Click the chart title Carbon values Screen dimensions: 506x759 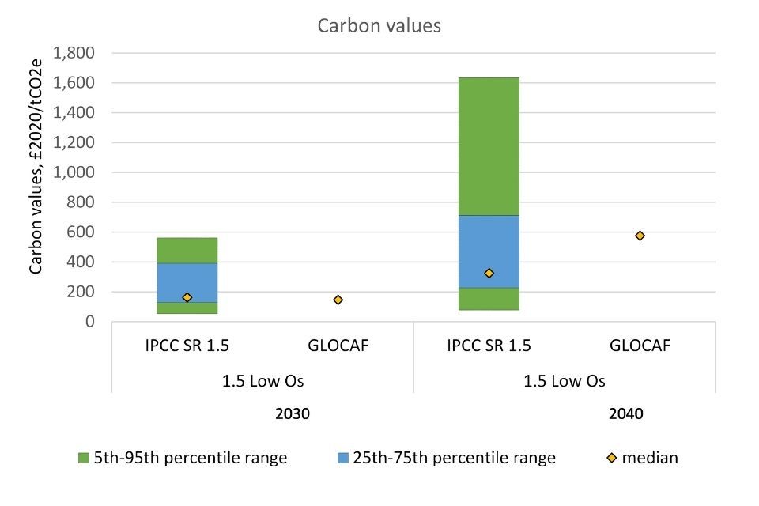click(379, 25)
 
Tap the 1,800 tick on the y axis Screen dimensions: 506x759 click(73, 53)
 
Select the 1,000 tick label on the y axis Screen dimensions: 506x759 click(73, 172)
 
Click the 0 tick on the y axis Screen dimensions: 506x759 click(89, 322)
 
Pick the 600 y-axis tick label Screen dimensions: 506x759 click(81, 232)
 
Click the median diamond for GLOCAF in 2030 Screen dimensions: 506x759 click(338, 300)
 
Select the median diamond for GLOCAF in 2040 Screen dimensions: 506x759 click(640, 236)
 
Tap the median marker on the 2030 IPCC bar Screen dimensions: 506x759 click(187, 297)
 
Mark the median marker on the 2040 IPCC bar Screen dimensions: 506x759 click(489, 273)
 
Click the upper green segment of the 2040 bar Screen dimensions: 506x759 click(489, 146)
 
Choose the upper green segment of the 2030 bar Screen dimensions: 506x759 click(187, 250)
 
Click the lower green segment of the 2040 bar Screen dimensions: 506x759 click(489, 299)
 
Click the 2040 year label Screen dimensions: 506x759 click(627, 413)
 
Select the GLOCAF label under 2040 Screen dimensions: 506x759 click(640, 346)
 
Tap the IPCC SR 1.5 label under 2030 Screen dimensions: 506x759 click(187, 346)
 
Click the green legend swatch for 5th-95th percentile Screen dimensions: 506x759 click(84, 458)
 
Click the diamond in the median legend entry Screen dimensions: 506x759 click(603, 458)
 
